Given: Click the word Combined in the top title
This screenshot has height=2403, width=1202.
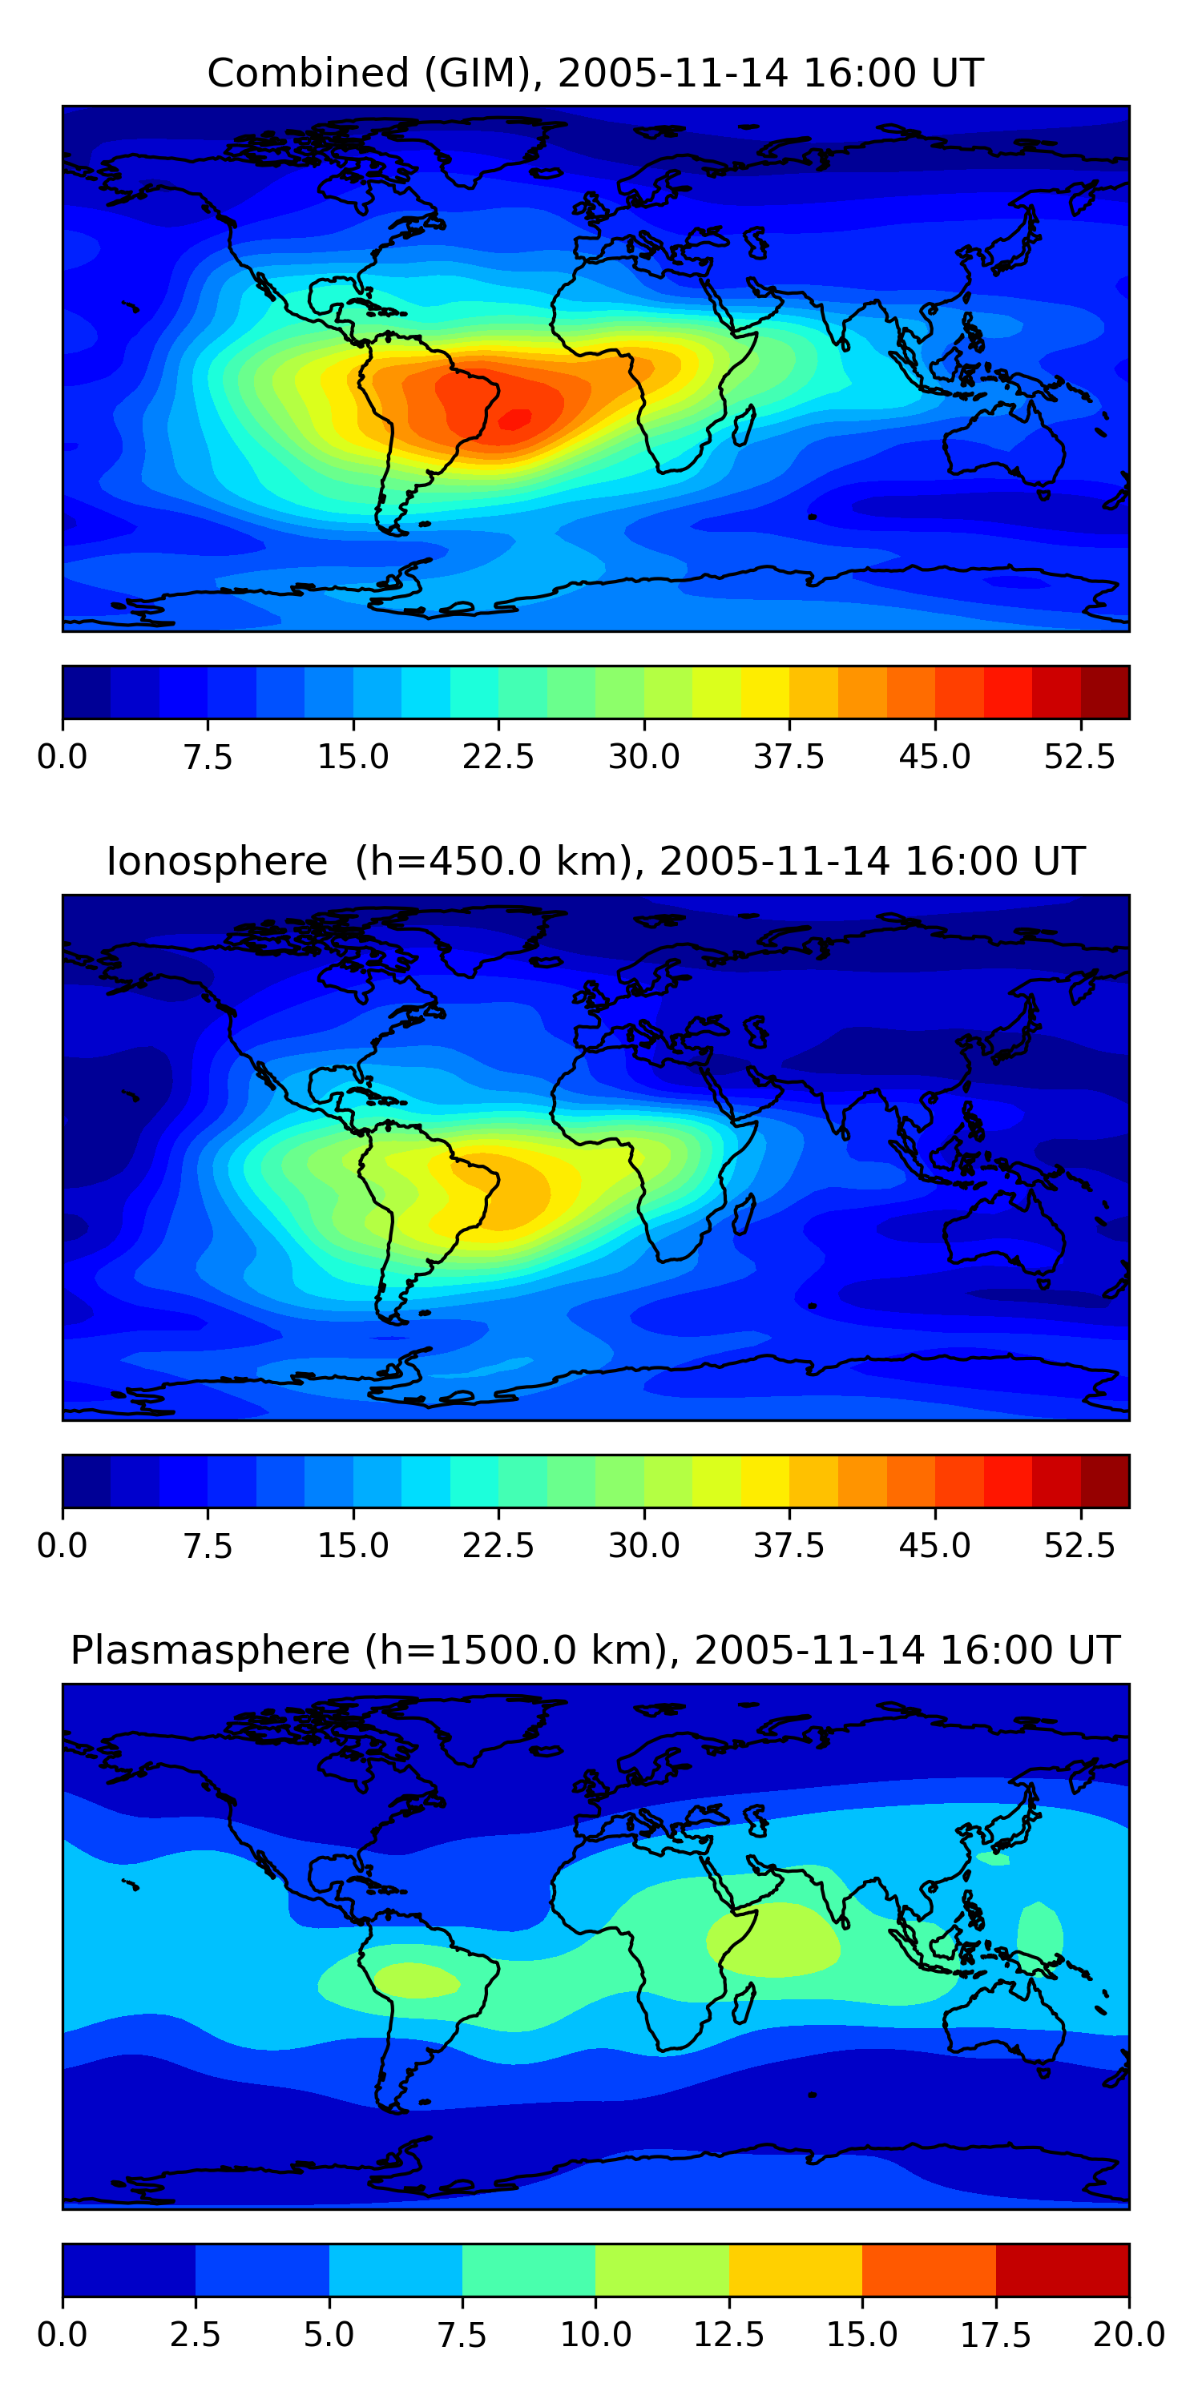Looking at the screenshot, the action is click(308, 73).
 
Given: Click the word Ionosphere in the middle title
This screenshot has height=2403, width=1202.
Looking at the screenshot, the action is click(216, 861).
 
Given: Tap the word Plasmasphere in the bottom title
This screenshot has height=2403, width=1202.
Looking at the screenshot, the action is click(210, 1650).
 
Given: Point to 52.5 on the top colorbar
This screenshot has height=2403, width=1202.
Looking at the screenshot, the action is click(1079, 756).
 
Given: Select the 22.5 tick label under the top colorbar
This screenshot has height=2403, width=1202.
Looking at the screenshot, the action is click(498, 756).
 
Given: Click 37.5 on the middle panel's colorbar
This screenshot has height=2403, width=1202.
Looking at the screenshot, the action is click(789, 1546).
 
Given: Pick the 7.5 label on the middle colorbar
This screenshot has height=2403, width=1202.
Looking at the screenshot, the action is click(208, 1546).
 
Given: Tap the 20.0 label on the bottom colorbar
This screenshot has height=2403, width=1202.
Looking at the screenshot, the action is click(1129, 2335).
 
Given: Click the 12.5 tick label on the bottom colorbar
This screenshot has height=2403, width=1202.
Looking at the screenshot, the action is click(729, 2335).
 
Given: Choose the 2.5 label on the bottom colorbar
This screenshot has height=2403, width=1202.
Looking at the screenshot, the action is click(195, 2335).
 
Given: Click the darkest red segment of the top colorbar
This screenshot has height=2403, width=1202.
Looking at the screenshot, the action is click(1105, 692).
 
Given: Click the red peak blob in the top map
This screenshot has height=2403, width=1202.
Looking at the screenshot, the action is click(514, 420).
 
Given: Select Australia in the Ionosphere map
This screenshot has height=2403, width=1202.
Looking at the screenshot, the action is click(1004, 1231).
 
